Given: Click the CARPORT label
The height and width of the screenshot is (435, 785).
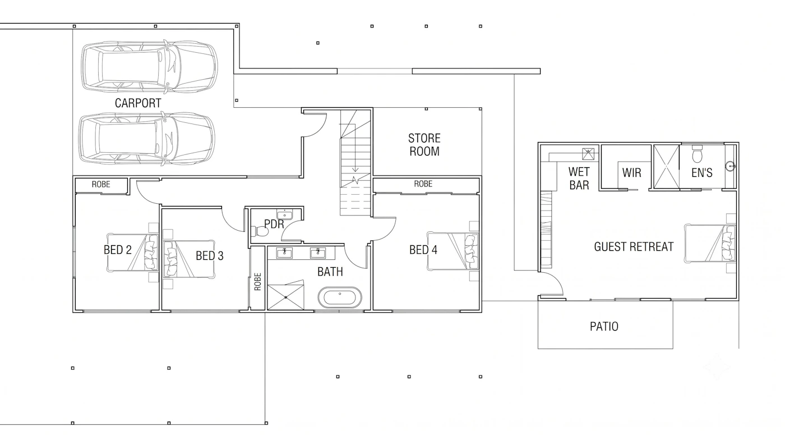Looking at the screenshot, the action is click(x=138, y=103).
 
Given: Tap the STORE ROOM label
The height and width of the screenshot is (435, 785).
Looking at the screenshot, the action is click(x=424, y=145).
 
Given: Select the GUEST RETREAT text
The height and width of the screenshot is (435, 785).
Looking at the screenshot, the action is click(x=634, y=247).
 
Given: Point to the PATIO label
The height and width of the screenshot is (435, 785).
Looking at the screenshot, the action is click(x=604, y=327).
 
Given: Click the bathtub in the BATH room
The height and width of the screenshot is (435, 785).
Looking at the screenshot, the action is click(x=340, y=298).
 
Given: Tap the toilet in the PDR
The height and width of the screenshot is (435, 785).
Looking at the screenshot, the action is click(x=260, y=231).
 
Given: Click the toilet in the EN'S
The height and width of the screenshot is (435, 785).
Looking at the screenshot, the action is click(x=697, y=155).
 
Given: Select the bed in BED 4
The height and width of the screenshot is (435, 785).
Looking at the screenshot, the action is click(x=452, y=251).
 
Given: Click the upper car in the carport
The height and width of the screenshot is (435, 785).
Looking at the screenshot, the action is click(x=149, y=67).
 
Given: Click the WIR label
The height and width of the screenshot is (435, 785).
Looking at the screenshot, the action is click(x=631, y=173).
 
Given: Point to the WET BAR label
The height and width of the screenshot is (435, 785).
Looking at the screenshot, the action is click(x=579, y=178).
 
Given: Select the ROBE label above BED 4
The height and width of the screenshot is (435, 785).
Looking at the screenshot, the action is click(x=423, y=184).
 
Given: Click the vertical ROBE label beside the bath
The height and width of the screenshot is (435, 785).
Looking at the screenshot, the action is click(x=257, y=282).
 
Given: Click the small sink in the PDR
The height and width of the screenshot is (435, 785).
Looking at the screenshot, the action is click(x=284, y=214).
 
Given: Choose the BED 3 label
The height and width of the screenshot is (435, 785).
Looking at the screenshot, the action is click(x=210, y=256).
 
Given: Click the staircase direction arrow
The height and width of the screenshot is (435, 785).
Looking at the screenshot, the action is click(x=355, y=147).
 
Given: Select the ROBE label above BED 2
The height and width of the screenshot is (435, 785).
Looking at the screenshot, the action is click(x=101, y=185).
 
